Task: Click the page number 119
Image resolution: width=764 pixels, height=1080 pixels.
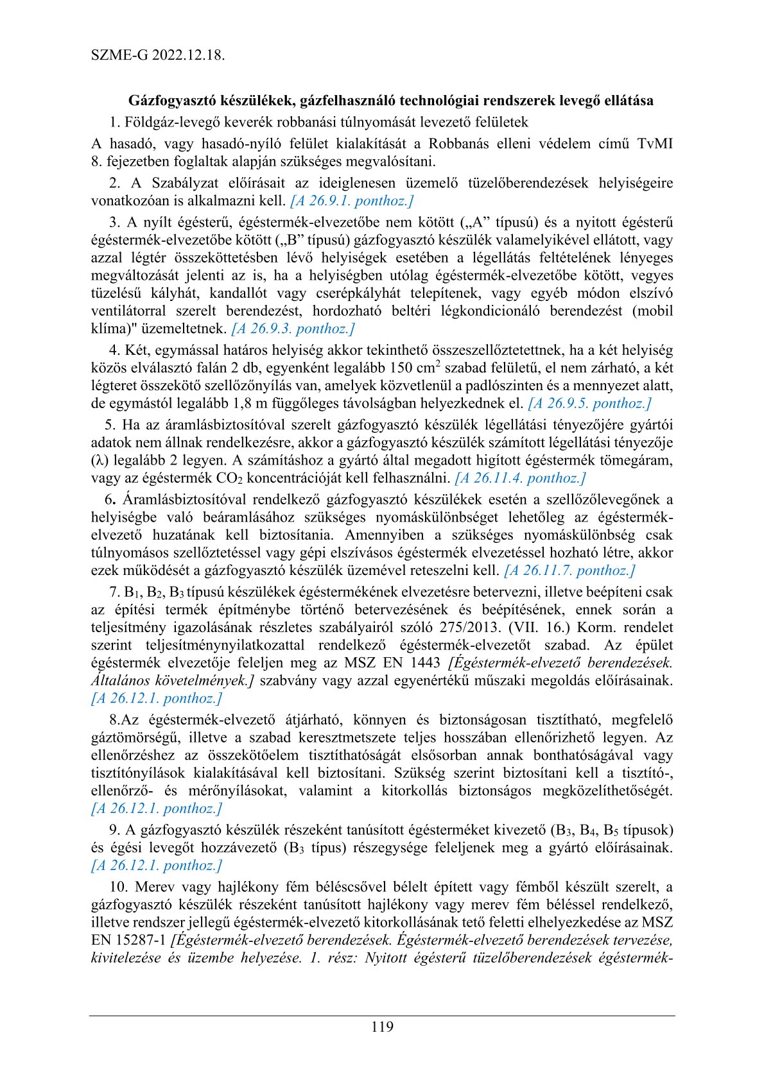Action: (382, 1027)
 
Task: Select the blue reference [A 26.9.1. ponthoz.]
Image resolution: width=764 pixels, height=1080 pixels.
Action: (352, 201)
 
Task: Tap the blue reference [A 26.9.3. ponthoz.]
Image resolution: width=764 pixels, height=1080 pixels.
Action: (293, 329)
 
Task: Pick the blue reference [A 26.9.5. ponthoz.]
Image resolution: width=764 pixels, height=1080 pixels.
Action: (589, 404)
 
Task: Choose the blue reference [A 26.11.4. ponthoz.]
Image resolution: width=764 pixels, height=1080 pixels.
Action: (520, 478)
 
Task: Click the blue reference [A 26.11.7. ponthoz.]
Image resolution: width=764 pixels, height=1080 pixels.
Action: (569, 570)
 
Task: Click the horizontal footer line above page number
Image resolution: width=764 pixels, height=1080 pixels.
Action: (382, 1015)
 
